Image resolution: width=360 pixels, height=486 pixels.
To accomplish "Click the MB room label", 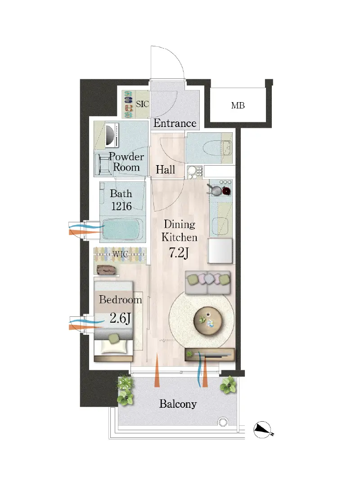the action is click(x=238, y=106).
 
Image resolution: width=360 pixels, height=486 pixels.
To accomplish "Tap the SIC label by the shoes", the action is click(x=142, y=104).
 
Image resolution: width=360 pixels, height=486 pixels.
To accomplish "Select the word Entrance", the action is click(x=175, y=123).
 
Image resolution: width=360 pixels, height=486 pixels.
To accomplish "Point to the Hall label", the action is click(x=165, y=170).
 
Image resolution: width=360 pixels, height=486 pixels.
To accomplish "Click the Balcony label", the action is click(x=178, y=404).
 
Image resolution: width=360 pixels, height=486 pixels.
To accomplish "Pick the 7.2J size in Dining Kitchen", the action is click(x=179, y=253).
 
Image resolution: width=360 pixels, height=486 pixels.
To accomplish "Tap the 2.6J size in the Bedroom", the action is click(x=120, y=318).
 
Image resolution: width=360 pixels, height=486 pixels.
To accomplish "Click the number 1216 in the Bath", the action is click(x=121, y=206).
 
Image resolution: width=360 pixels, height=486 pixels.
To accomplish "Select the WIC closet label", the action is click(x=120, y=254).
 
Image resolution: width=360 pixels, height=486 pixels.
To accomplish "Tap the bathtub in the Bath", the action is click(x=122, y=230).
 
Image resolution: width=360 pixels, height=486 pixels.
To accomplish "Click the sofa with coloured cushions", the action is click(x=208, y=282).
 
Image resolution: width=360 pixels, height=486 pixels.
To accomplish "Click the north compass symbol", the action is click(x=262, y=430).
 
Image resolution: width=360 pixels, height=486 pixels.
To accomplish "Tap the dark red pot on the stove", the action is click(x=227, y=191).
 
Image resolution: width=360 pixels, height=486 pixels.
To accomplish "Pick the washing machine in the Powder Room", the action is click(x=112, y=135).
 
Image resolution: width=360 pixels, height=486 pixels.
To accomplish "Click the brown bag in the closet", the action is click(x=106, y=270).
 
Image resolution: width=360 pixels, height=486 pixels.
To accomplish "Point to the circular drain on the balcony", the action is click(x=222, y=422).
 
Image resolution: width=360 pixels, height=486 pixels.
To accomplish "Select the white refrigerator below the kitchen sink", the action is click(x=220, y=251).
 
